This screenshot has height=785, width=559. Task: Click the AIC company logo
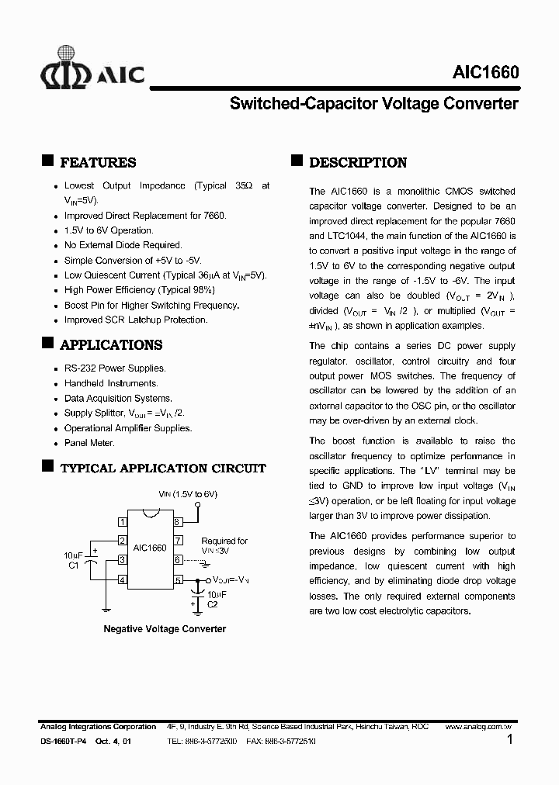(92, 70)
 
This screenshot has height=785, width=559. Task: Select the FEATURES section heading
(97, 163)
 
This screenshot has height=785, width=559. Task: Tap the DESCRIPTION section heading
(357, 163)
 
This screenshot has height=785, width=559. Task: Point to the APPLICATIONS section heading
(111, 345)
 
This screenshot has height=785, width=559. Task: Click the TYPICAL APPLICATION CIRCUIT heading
(162, 469)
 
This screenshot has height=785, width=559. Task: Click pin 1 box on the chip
(122, 522)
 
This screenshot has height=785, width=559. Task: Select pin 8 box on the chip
(178, 522)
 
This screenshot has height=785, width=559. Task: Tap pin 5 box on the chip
(178, 579)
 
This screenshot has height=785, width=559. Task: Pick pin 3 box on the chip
(122, 560)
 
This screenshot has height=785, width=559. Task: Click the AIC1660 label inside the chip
(150, 548)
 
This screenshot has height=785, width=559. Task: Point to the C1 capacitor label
(74, 565)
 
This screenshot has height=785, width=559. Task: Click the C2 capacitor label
(212, 603)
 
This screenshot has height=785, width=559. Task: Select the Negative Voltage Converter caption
(165, 629)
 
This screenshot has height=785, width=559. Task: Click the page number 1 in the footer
(509, 741)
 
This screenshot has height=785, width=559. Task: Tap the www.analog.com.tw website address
(481, 727)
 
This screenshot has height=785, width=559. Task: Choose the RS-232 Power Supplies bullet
(115, 368)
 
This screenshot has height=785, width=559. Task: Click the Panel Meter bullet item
(89, 443)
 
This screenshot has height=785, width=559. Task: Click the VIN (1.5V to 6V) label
(188, 494)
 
